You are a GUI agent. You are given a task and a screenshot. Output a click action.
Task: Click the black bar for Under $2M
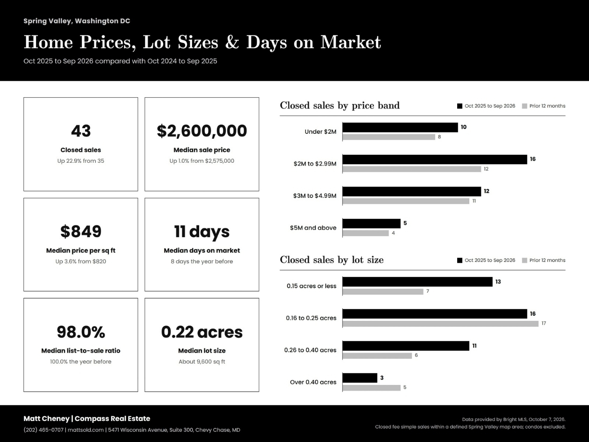point(400,128)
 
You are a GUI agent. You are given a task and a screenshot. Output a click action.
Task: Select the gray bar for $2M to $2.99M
point(412,169)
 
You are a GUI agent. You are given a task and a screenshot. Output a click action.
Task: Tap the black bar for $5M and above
point(371,224)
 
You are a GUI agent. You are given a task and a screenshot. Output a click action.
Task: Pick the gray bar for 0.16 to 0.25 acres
point(440,324)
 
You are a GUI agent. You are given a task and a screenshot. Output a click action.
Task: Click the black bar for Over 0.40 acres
point(360,378)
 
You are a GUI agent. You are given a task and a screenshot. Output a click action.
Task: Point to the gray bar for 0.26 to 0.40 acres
point(377,355)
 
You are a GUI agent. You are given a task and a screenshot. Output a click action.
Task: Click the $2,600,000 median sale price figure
point(202,131)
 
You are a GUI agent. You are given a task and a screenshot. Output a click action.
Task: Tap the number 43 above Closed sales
point(81,131)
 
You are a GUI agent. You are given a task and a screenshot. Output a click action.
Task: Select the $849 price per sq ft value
point(81,232)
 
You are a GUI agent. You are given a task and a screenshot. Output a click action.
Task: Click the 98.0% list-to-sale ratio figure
point(81,332)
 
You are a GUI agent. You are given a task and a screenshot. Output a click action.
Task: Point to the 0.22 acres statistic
point(202,332)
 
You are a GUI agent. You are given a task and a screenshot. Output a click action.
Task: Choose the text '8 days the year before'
point(202,261)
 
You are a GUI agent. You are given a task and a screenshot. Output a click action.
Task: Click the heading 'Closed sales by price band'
point(340,105)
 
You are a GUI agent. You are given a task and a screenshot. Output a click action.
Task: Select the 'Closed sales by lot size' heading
point(332,260)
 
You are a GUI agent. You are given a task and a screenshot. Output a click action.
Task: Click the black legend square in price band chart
point(460,106)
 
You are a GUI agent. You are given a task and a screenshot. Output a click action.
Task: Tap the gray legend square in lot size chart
point(524,261)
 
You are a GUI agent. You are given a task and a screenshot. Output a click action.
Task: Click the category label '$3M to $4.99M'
point(315,196)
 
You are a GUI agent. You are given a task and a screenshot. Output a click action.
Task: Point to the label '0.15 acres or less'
point(311,286)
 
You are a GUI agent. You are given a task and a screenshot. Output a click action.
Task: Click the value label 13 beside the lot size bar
point(498,282)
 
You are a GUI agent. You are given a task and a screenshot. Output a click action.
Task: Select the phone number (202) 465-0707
point(43,430)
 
